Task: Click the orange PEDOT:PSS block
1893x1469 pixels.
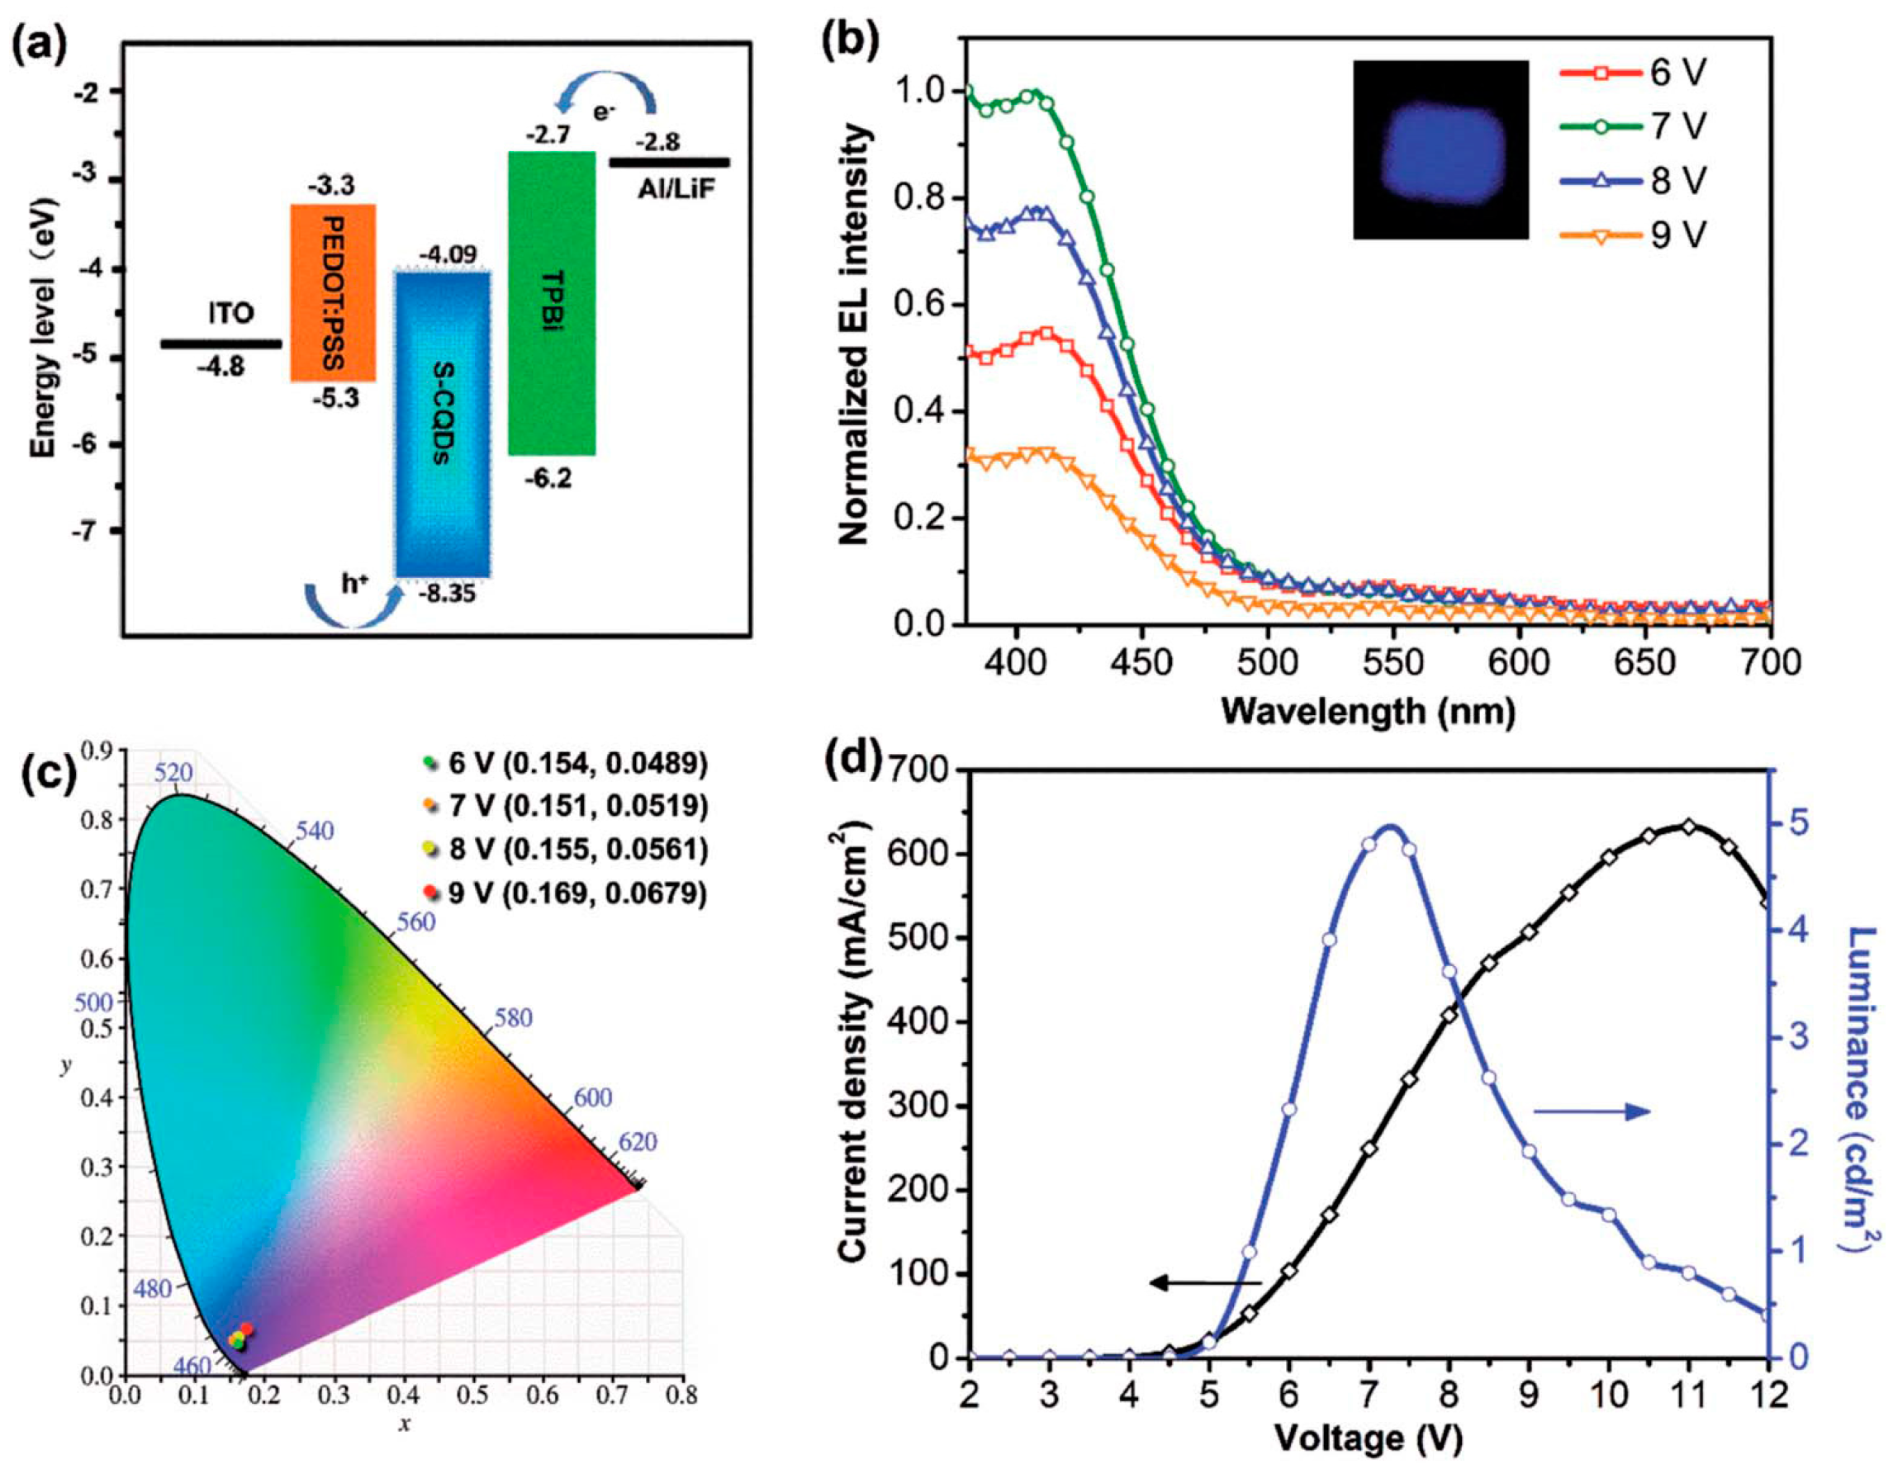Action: [x=333, y=293]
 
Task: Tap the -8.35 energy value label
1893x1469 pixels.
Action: [x=446, y=595]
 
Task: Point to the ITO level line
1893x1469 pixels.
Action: [x=221, y=344]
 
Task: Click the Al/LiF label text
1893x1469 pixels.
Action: [x=677, y=189]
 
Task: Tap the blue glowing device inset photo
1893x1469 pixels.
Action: [x=1440, y=149]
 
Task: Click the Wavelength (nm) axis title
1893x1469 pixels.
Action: [x=1368, y=712]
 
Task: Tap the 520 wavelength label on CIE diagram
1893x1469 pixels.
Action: [x=173, y=774]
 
